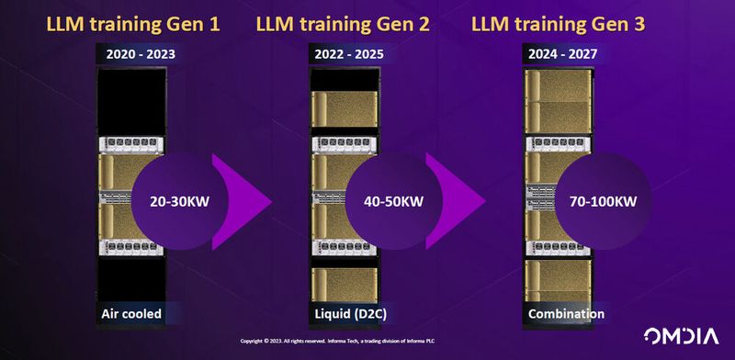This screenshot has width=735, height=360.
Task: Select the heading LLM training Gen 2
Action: [356, 20]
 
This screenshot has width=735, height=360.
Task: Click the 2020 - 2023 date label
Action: [141, 53]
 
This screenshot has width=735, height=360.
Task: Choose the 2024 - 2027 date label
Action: [562, 53]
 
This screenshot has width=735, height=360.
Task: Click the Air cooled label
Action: [131, 313]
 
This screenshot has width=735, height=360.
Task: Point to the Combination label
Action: [566, 313]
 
